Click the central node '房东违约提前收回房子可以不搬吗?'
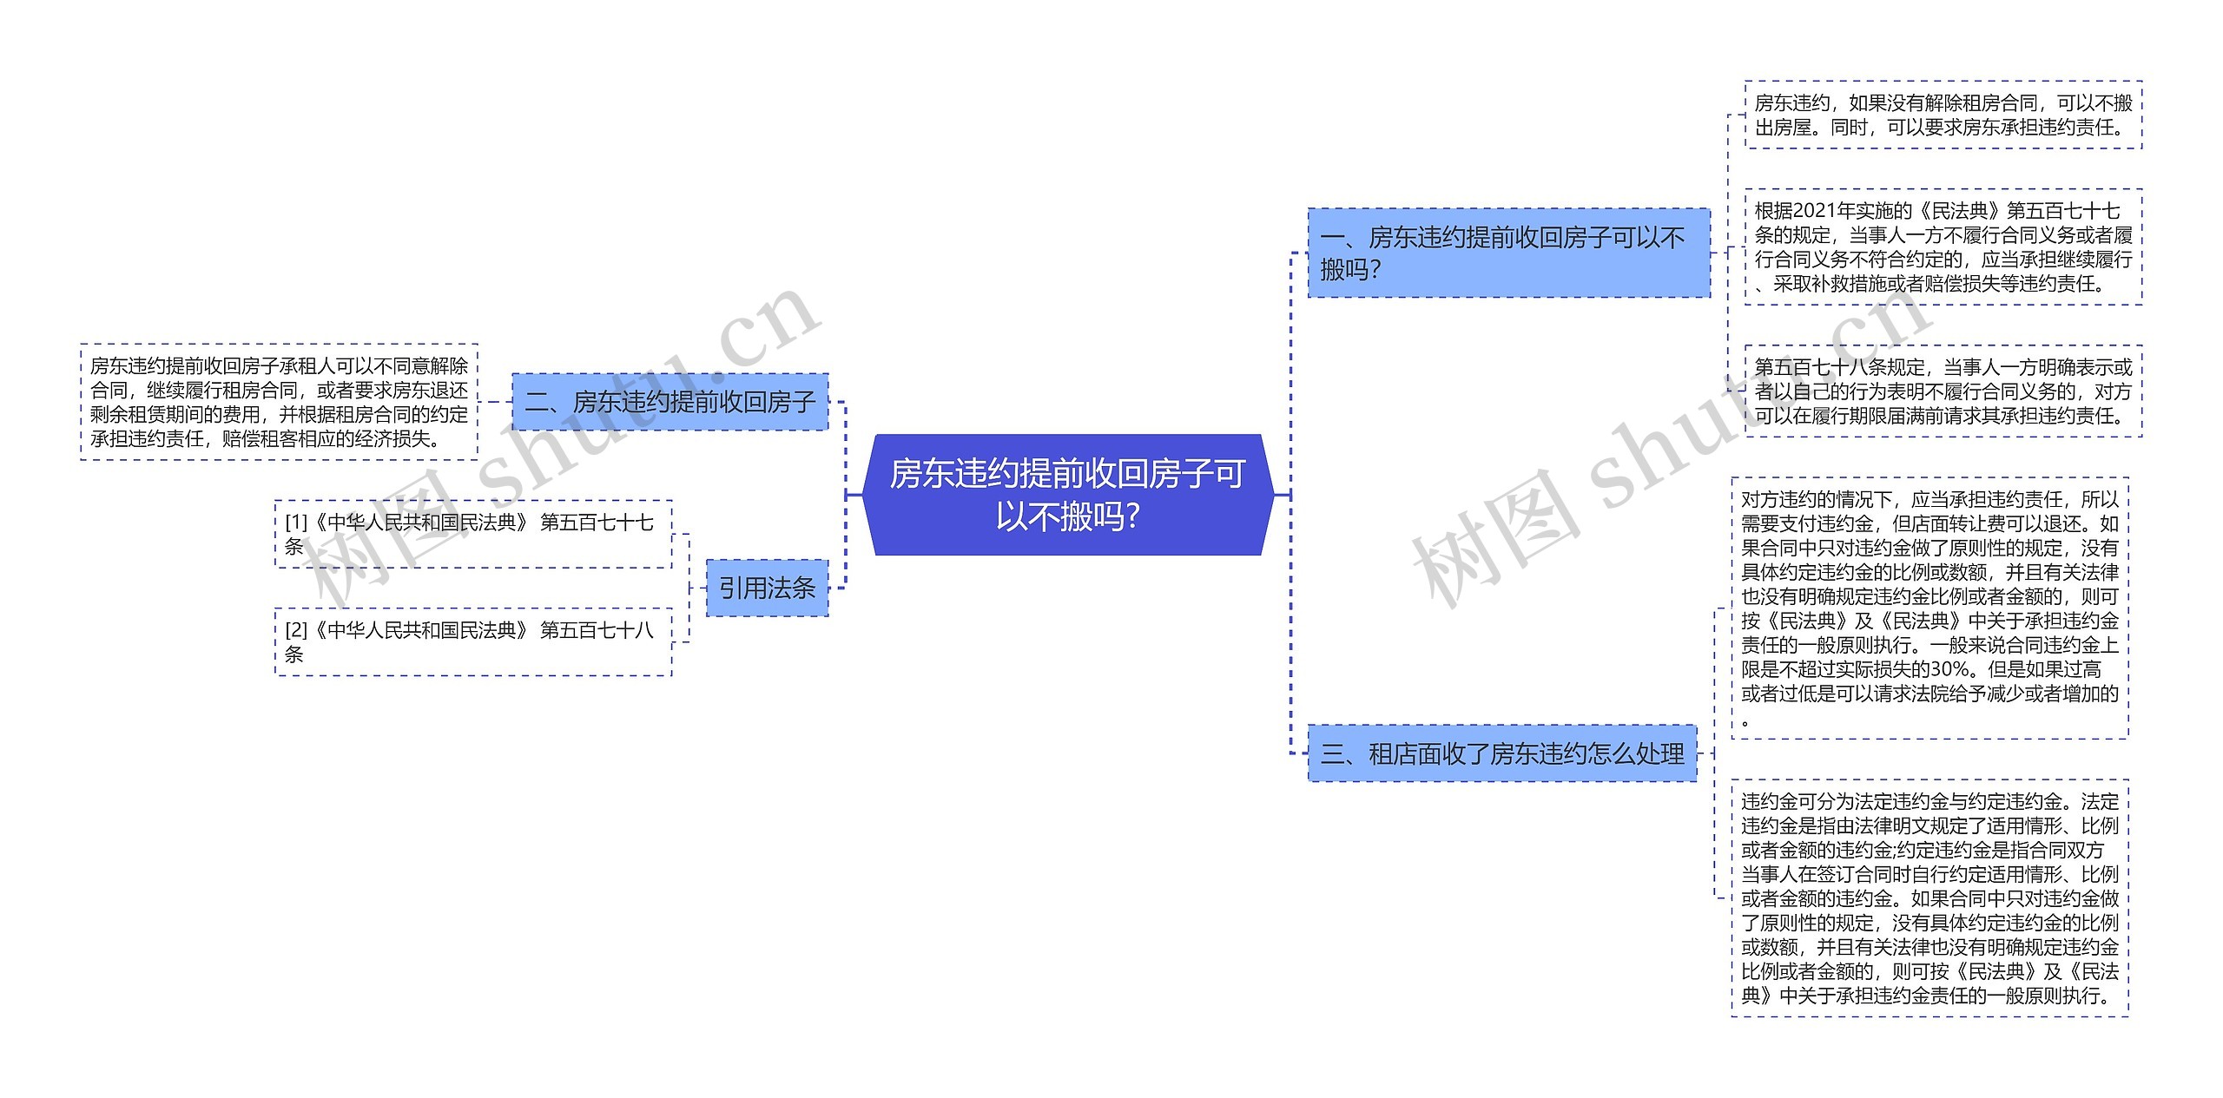coord(1067,495)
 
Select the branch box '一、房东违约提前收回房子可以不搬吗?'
coord(1508,253)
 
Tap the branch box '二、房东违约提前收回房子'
coord(670,402)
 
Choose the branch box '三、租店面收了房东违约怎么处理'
coord(1501,753)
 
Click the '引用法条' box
coord(767,588)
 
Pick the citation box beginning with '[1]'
coord(473,534)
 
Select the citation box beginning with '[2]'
coord(473,641)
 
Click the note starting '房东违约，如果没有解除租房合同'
coord(1943,115)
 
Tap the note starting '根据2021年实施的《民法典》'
coord(1943,247)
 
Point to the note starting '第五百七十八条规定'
coord(1943,391)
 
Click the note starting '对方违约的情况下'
coord(1929,608)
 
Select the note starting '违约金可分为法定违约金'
coord(1929,897)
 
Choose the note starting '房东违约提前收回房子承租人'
coord(279,402)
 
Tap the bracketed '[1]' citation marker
coord(296,523)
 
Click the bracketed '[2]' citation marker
coord(296,630)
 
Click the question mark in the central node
coord(1130,517)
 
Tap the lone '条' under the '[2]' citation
coord(294,654)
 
